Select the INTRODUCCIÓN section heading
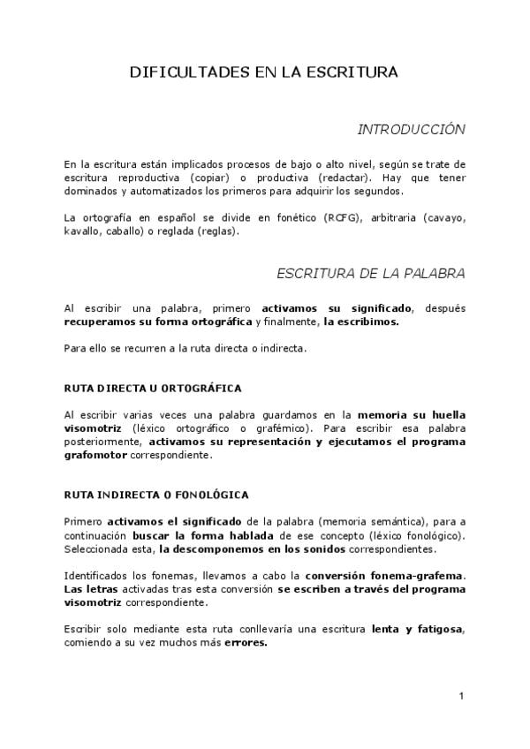pyautogui.click(x=411, y=129)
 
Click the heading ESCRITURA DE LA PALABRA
pyautogui.click(x=371, y=272)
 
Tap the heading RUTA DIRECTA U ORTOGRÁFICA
pyautogui.click(x=153, y=388)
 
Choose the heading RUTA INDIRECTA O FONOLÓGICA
pyautogui.click(x=156, y=495)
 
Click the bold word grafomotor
pyautogui.click(x=96, y=455)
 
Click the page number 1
pyautogui.click(x=462, y=698)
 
